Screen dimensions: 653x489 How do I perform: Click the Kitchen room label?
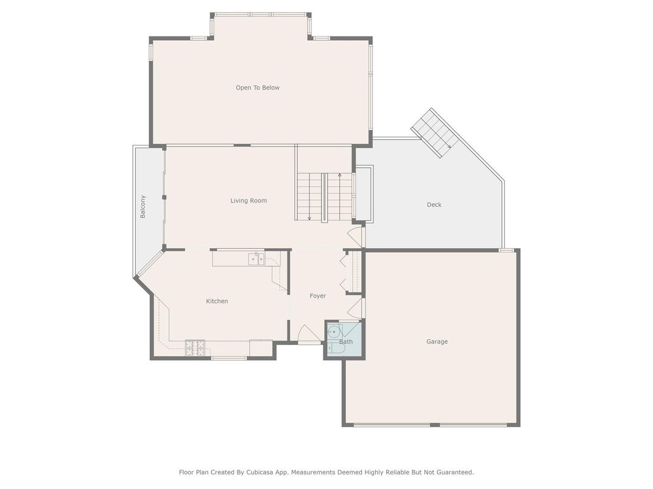click(x=217, y=301)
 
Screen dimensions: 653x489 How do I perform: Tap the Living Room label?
click(x=249, y=201)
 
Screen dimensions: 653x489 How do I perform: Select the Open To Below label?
click(x=258, y=88)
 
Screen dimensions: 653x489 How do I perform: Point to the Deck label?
click(x=434, y=204)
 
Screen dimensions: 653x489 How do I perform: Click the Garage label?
click(x=437, y=342)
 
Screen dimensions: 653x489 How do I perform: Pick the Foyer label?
click(x=318, y=296)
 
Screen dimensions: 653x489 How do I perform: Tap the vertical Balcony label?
click(x=143, y=207)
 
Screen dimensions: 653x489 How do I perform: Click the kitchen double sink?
click(x=256, y=258)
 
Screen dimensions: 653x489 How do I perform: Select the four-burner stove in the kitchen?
click(x=195, y=348)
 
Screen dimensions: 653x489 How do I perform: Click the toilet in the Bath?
click(x=334, y=349)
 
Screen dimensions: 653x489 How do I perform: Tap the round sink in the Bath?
click(x=333, y=332)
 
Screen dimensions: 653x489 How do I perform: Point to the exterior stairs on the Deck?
click(x=435, y=133)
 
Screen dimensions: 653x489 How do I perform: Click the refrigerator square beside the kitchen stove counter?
click(x=261, y=348)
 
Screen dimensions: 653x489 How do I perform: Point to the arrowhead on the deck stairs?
click(x=449, y=146)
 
